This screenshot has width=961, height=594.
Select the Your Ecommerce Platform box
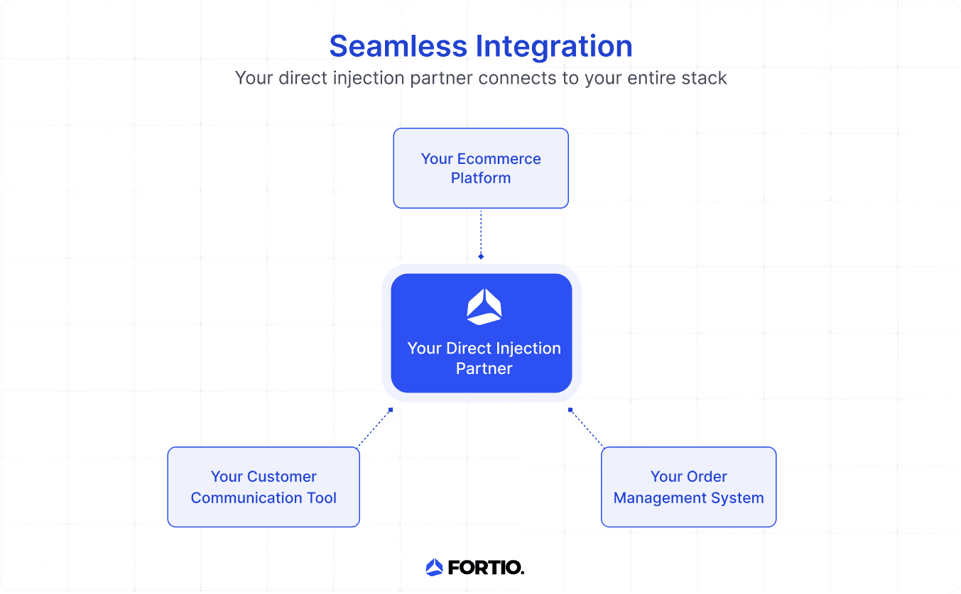(x=481, y=168)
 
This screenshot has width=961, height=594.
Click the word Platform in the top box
(x=481, y=178)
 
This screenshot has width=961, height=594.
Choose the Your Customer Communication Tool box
(x=264, y=487)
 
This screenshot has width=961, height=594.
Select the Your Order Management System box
(x=688, y=487)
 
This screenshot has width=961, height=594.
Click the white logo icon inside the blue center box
(x=484, y=307)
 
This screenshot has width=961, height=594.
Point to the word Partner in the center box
(x=484, y=368)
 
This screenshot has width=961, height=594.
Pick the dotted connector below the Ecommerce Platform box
(x=481, y=231)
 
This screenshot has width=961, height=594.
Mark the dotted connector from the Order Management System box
(x=587, y=429)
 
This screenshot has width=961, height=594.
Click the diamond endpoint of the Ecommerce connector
(x=481, y=256)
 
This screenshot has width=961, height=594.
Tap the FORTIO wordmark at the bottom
(x=486, y=567)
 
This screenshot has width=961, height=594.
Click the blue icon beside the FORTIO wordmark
(x=434, y=567)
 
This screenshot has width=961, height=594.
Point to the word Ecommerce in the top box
(x=501, y=159)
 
